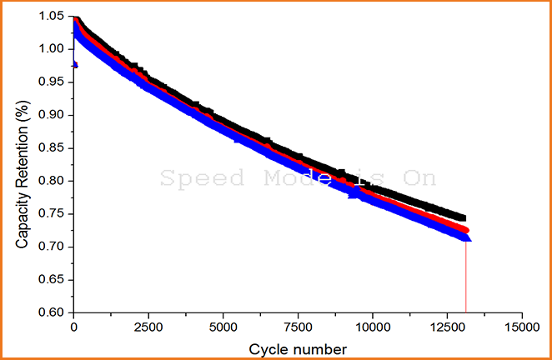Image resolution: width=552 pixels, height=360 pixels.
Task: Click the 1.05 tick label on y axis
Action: click(51, 17)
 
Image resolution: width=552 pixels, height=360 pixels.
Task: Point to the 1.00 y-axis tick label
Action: click(51, 49)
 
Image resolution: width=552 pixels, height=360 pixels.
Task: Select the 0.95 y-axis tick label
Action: click(51, 82)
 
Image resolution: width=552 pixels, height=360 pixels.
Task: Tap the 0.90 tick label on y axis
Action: click(51, 115)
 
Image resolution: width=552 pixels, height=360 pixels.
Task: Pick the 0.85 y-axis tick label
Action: click(51, 148)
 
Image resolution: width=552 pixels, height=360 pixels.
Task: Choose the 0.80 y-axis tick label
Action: click(51, 181)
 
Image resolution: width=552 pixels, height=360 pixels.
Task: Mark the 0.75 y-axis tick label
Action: click(51, 214)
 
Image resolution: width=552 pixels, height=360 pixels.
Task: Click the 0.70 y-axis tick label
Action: click(51, 247)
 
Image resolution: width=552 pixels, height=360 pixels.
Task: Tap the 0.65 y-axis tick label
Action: click(51, 280)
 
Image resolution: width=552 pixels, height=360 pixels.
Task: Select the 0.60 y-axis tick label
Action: click(51, 312)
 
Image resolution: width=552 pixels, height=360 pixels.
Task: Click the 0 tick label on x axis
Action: click(73, 327)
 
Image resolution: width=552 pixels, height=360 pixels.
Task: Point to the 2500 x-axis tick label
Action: click(148, 327)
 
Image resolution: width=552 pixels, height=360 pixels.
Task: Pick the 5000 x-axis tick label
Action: click(223, 327)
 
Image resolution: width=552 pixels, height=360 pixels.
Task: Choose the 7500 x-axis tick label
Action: click(298, 327)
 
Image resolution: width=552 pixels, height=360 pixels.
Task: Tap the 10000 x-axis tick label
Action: click(373, 327)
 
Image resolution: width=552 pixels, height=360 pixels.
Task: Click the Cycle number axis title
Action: click(298, 347)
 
